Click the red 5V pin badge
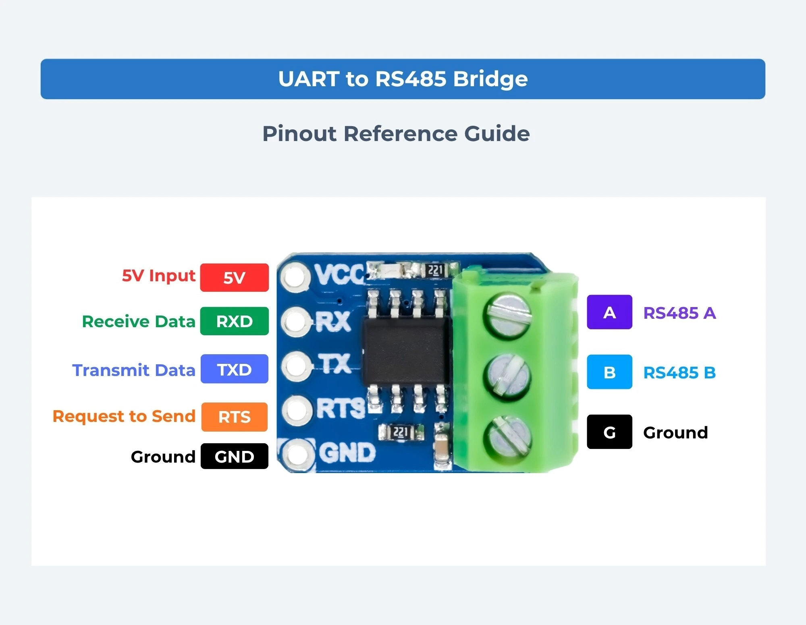pos(235,277)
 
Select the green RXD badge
pos(235,321)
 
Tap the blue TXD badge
pos(235,369)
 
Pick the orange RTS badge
pos(235,417)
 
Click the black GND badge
pos(235,456)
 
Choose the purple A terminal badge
pos(609,312)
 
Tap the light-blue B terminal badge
pos(609,372)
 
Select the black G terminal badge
pos(609,432)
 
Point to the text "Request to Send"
pos(124,416)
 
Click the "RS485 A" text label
pos(679,313)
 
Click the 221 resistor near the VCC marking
pos(434,270)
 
